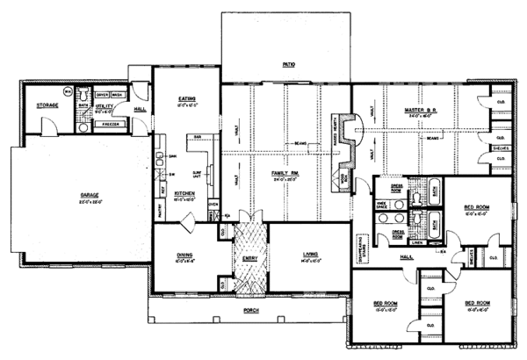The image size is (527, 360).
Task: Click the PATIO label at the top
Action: pos(287,65)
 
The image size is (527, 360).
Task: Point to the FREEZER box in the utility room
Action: pos(112,126)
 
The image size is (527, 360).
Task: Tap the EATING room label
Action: pos(184,99)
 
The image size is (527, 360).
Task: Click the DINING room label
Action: pos(184,256)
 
